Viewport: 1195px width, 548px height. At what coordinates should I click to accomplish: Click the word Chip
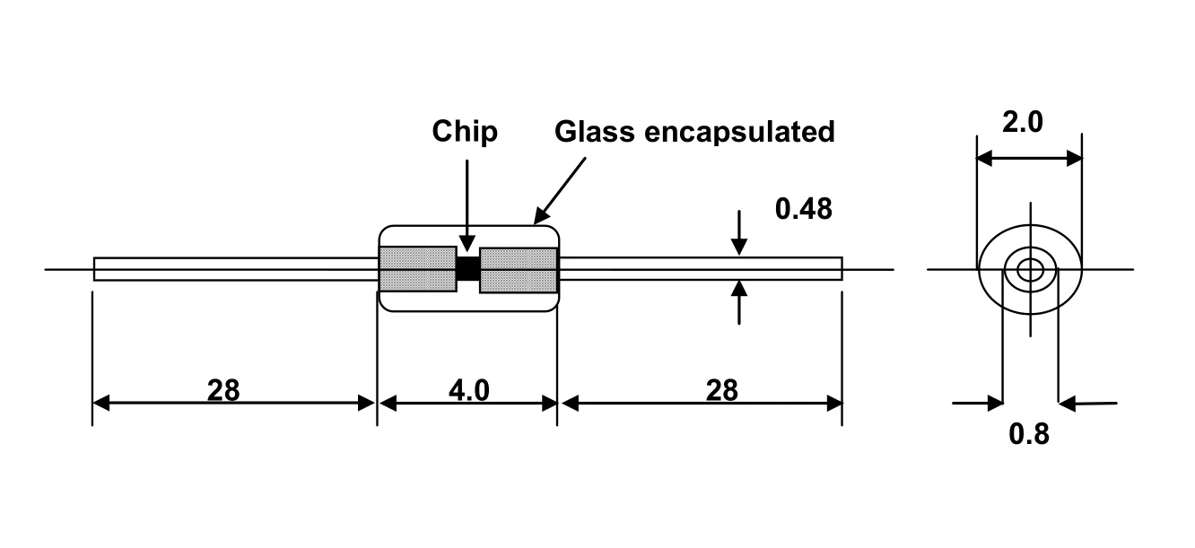(x=464, y=132)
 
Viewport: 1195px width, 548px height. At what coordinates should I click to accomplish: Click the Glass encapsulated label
(x=694, y=132)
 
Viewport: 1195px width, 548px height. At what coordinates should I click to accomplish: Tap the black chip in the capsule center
(x=467, y=268)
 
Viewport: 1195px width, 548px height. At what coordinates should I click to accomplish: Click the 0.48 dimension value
(x=803, y=209)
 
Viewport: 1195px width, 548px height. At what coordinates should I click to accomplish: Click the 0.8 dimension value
(x=1028, y=434)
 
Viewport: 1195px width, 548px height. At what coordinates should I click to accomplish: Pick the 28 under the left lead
(x=223, y=390)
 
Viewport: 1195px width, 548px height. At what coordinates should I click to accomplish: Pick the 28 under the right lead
(x=721, y=390)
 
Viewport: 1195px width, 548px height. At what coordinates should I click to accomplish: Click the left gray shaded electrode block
(x=417, y=269)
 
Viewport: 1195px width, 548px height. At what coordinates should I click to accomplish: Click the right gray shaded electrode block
(x=519, y=269)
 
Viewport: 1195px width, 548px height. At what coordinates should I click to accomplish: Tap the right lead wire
(x=700, y=269)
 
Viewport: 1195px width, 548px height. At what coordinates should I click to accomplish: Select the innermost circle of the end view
(x=1030, y=268)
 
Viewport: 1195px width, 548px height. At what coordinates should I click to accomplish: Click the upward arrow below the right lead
(x=738, y=301)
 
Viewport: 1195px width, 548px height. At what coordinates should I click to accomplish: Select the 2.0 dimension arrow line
(x=1029, y=159)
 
